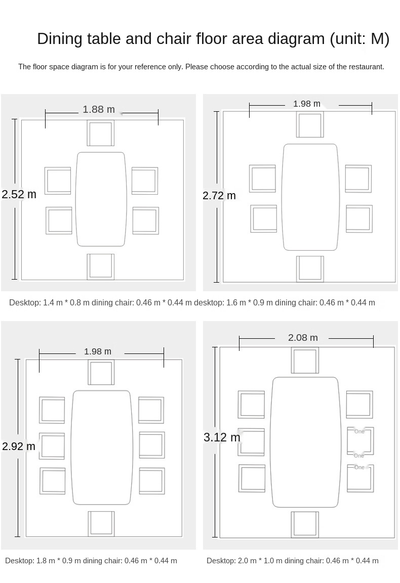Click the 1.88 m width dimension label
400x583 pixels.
pos(99,109)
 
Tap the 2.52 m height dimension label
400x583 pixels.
pos(19,194)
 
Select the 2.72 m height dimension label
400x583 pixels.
pos(219,195)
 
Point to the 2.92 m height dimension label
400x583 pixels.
pos(19,446)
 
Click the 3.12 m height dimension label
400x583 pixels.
pos(222,437)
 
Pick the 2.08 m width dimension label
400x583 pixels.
pos(303,338)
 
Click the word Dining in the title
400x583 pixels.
pos(60,39)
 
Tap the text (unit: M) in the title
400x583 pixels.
pos(359,39)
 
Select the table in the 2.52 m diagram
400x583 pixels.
pos(101,199)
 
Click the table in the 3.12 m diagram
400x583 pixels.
pos(305,442)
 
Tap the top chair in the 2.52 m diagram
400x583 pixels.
pos(101,133)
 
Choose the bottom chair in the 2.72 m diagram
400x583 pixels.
pos(310,269)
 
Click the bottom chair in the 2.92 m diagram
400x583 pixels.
pos(101,524)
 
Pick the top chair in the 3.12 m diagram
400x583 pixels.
pos(305,361)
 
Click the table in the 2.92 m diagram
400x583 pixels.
pos(102,447)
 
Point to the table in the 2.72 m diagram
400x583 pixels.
pos(310,197)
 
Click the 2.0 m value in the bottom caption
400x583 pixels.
pos(245,561)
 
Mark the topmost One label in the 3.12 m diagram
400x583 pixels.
pos(359,431)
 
